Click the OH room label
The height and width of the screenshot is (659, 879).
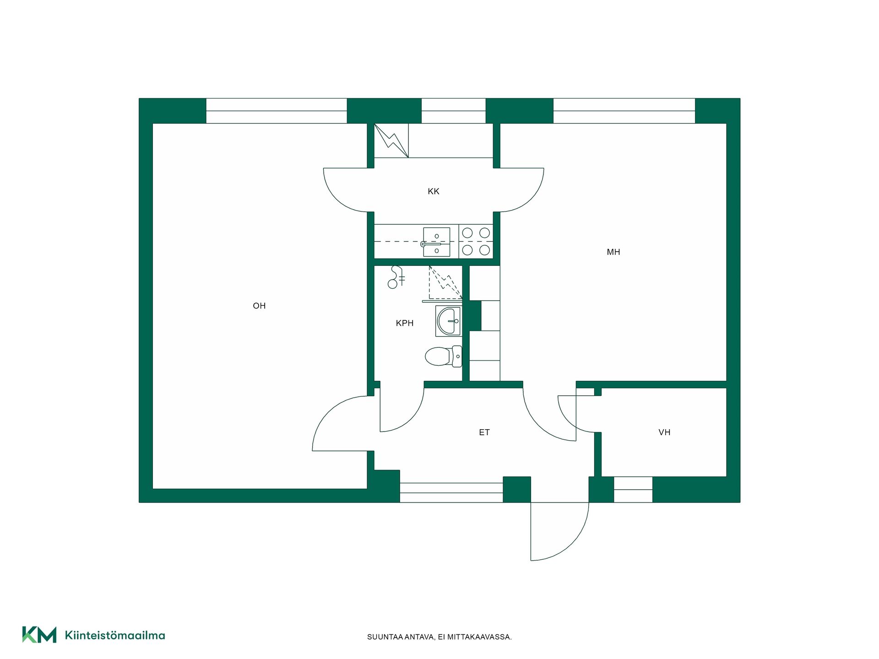(x=259, y=306)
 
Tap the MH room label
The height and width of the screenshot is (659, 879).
(x=613, y=252)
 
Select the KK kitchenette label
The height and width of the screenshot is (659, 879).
(x=434, y=191)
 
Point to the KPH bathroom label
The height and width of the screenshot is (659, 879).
(x=405, y=323)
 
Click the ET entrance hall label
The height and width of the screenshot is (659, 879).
(x=484, y=432)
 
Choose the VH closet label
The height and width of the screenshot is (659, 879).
(x=664, y=432)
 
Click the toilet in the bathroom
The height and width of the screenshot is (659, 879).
(x=444, y=357)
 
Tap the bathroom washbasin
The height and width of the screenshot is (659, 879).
(x=448, y=321)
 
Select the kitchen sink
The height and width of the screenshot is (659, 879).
(x=436, y=242)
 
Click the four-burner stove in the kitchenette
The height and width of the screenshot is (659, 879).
(x=476, y=242)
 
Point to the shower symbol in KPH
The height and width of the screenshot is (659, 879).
(x=396, y=277)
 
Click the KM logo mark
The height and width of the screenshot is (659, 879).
(x=39, y=635)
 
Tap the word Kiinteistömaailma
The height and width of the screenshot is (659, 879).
(x=115, y=635)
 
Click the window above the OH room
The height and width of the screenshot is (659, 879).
(x=277, y=111)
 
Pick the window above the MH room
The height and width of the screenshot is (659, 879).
(x=624, y=111)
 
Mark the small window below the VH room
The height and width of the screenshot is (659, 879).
(x=633, y=490)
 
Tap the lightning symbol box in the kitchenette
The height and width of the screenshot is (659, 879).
(x=391, y=140)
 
